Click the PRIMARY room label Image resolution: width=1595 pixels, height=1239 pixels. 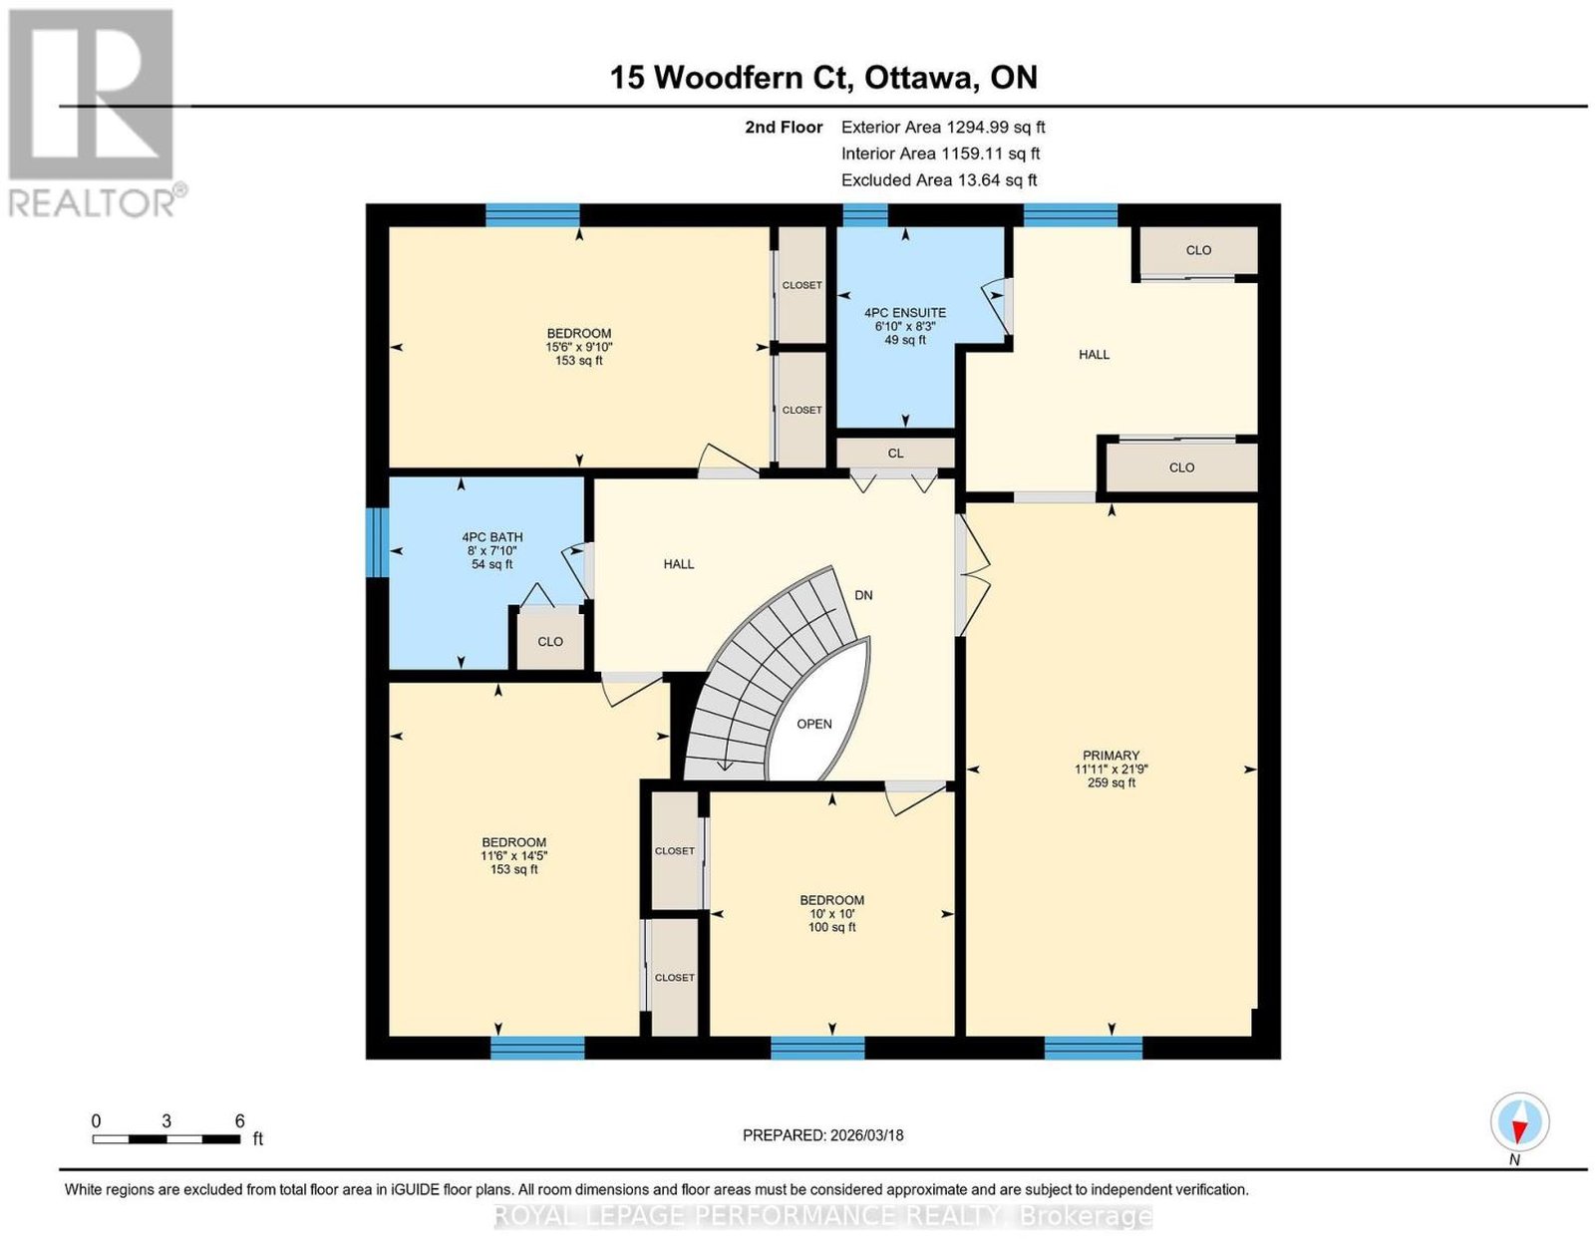point(1111,755)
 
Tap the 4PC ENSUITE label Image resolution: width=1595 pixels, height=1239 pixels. point(905,313)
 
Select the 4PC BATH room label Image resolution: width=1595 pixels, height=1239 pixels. point(491,537)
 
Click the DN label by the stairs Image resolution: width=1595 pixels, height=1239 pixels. point(863,595)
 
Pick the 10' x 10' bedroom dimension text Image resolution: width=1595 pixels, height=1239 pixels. point(831,914)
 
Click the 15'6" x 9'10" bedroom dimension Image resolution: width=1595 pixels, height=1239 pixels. point(579,347)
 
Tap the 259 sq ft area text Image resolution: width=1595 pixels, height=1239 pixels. point(1111,782)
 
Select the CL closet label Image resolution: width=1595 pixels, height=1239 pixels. point(895,454)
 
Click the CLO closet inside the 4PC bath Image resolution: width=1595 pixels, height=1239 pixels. point(549,641)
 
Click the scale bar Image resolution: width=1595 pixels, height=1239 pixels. point(166,1139)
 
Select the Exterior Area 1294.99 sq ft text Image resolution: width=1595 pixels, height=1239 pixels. point(943,127)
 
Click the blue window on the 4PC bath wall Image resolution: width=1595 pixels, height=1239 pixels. point(377,543)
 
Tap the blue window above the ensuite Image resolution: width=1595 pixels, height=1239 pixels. point(864,215)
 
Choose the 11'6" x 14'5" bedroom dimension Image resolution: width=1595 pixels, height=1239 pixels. point(513,855)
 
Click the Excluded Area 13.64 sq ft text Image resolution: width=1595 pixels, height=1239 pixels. point(939,179)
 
